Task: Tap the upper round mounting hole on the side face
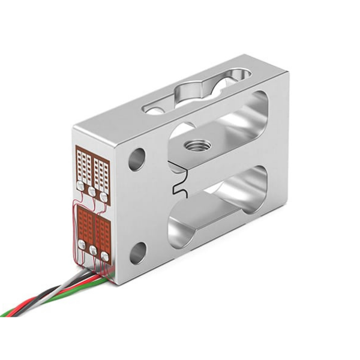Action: (137, 159)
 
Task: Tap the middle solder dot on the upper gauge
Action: (92, 191)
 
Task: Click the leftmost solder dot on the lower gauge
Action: (82, 244)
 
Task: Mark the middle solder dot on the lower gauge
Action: (93, 250)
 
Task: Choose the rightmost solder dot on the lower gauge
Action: (105, 256)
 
